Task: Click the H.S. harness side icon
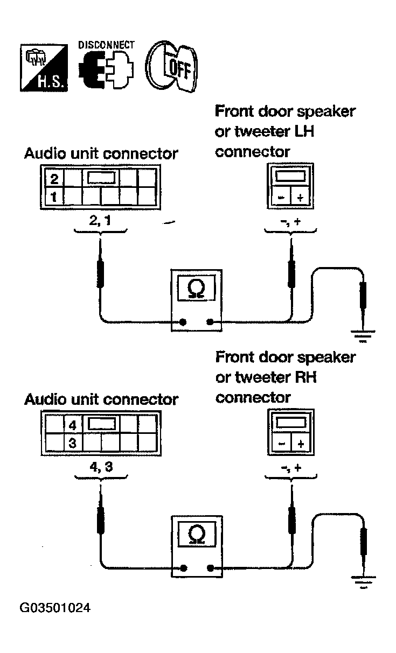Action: [x=44, y=68]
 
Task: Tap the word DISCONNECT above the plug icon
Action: [x=106, y=45]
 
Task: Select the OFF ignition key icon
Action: [x=171, y=66]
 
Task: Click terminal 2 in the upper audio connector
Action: [x=54, y=179]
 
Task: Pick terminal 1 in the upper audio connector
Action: [x=54, y=197]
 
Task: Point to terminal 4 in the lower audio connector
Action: [x=73, y=425]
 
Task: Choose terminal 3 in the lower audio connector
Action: [x=73, y=443]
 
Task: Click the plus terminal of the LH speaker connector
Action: [x=300, y=198]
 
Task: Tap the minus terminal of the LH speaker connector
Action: [x=281, y=198]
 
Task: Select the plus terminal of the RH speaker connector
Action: [x=301, y=444]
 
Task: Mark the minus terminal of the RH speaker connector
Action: [x=282, y=444]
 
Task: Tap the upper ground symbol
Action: [x=363, y=336]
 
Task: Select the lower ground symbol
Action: [x=363, y=582]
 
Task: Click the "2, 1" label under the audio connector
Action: [x=100, y=221]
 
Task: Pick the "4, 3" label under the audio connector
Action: [x=101, y=467]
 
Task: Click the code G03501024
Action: [x=55, y=608]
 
